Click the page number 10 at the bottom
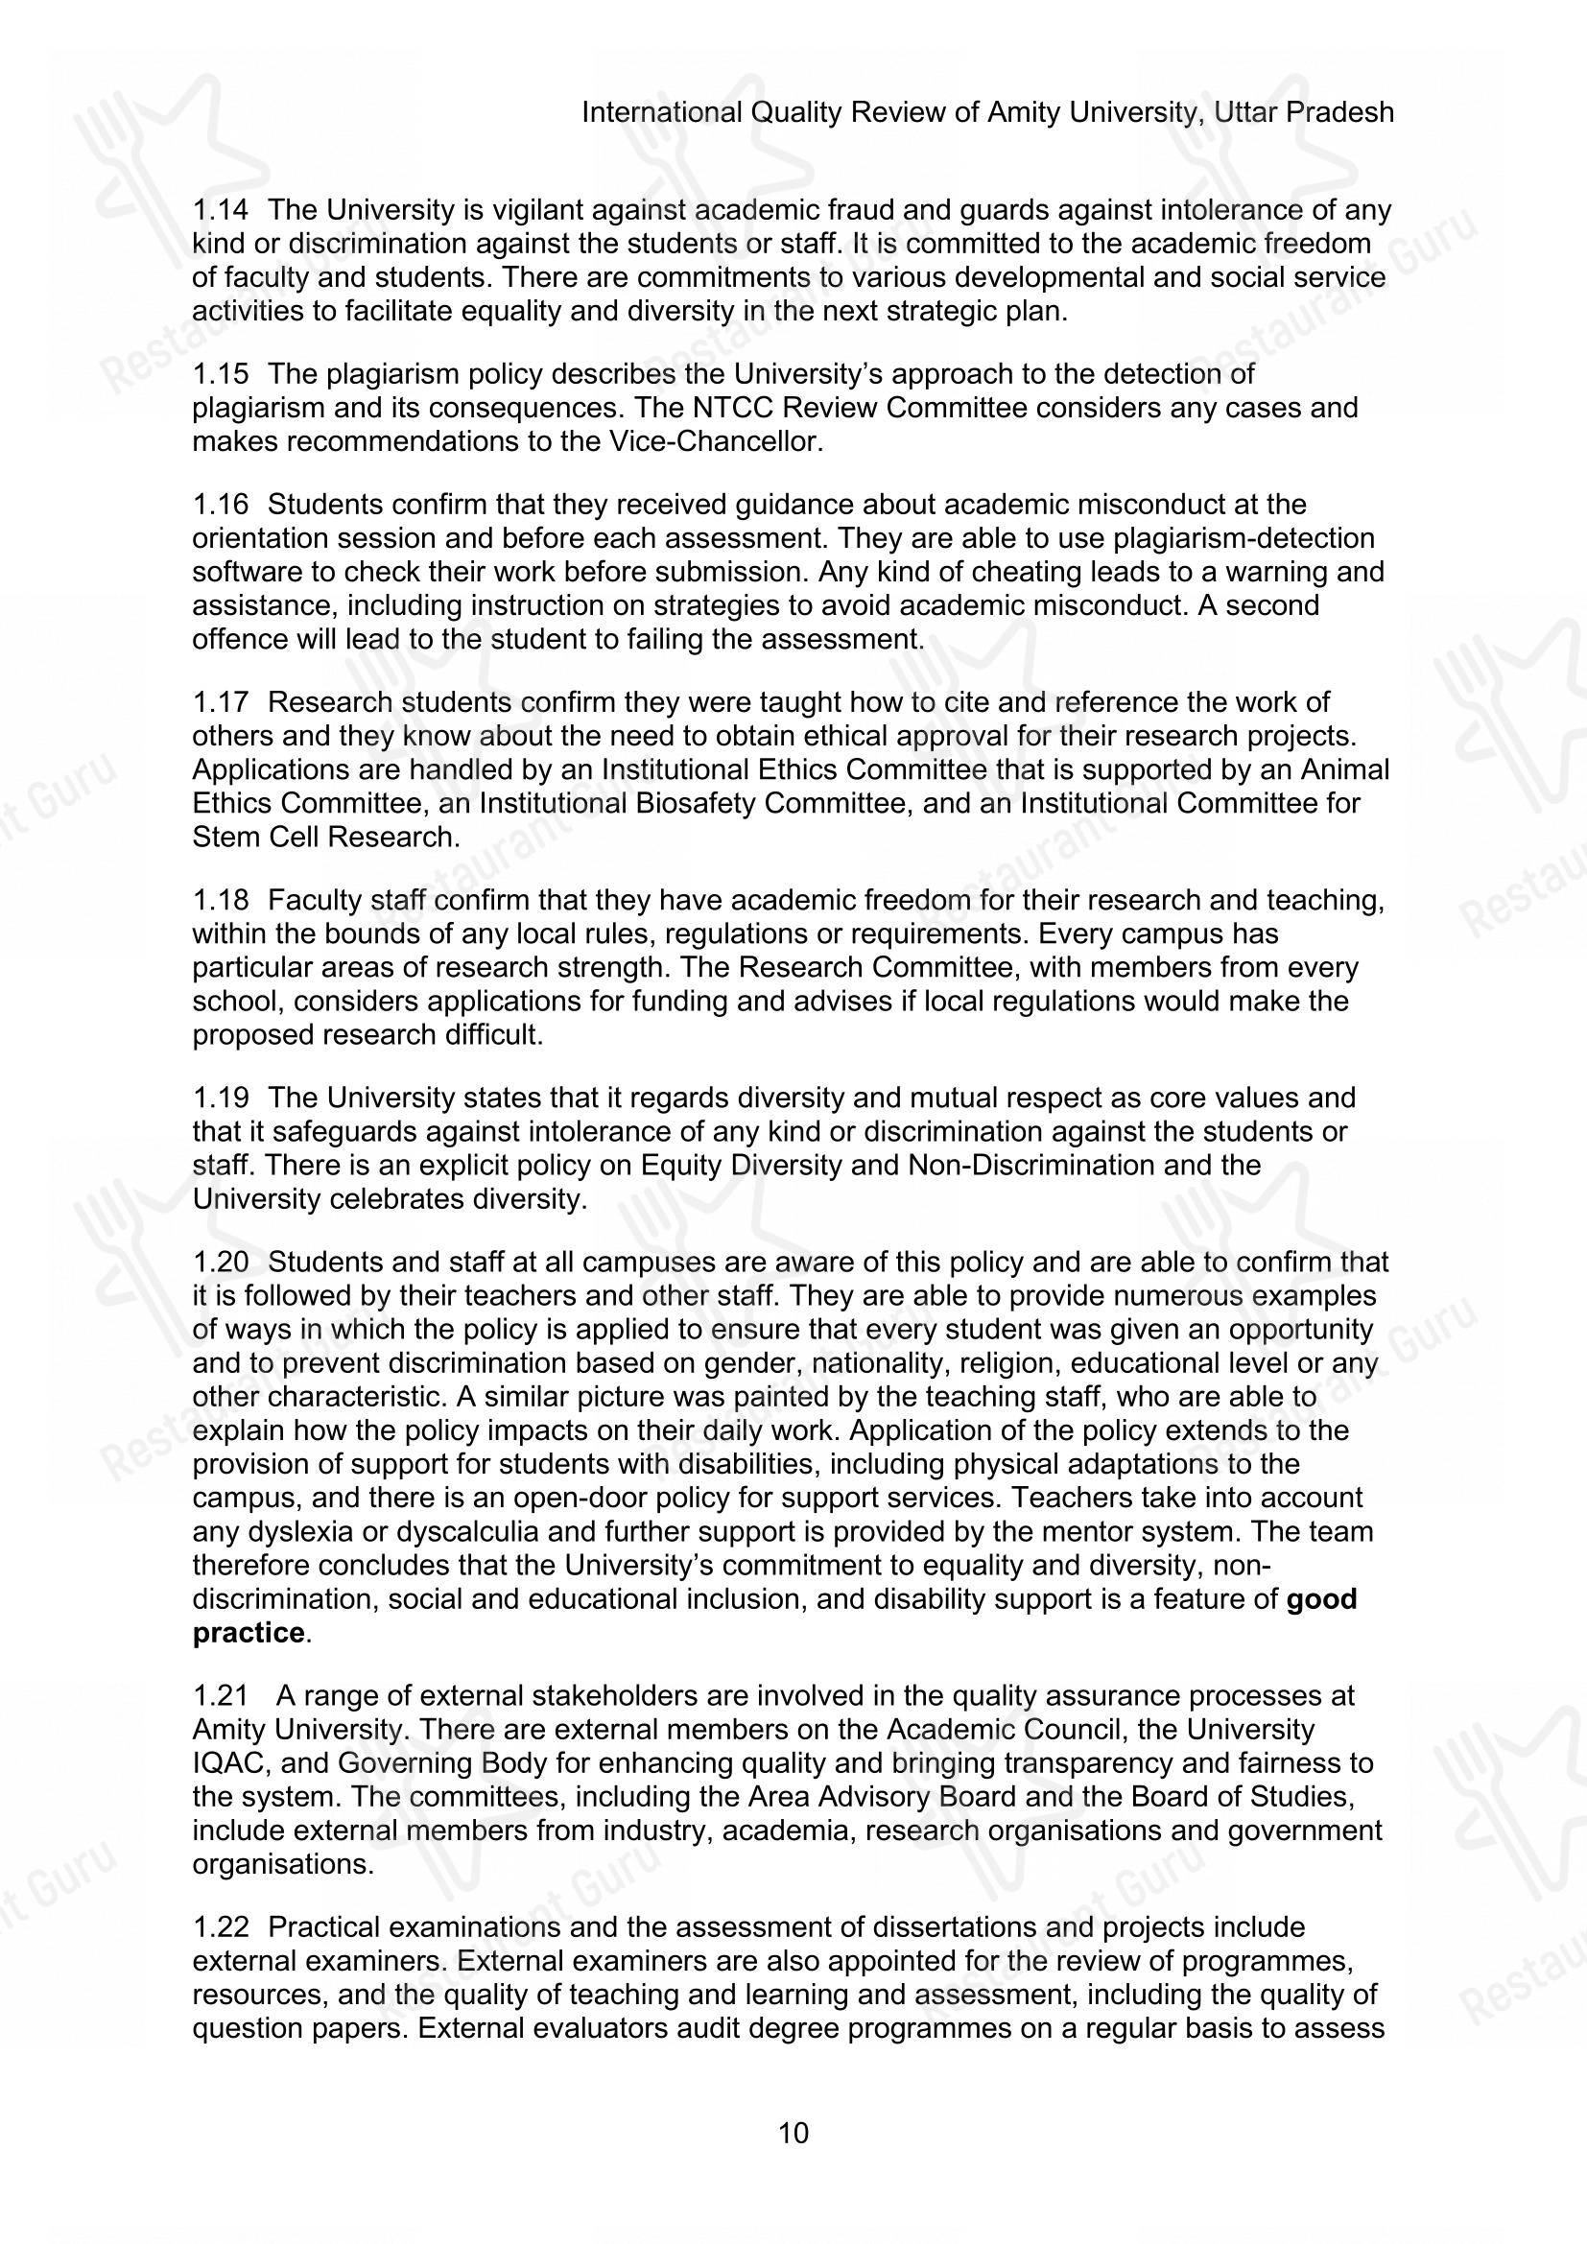point(793,2133)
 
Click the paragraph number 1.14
point(220,210)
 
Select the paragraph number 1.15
point(220,374)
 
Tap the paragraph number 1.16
point(220,506)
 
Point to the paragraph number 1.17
point(220,702)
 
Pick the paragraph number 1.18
point(220,900)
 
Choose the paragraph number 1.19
point(220,1098)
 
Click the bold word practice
point(249,1633)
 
